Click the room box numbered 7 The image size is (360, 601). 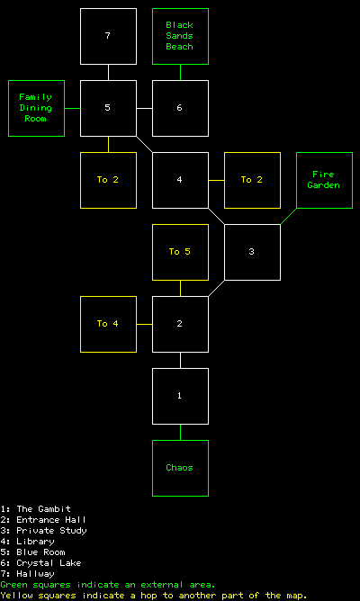pyautogui.click(x=108, y=36)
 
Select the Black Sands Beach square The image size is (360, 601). pyautogui.click(x=180, y=36)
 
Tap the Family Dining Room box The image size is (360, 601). pyautogui.click(x=36, y=109)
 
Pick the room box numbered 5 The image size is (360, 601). pyautogui.click(x=108, y=109)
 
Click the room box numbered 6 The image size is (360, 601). pyautogui.click(x=180, y=109)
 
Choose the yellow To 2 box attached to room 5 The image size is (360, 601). pyautogui.click(x=108, y=181)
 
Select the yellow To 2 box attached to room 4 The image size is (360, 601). pyautogui.click(x=252, y=181)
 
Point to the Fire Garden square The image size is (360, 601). pyautogui.click(x=324, y=181)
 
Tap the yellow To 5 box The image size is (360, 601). pyautogui.click(x=180, y=253)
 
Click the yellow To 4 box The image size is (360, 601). pyautogui.click(x=108, y=325)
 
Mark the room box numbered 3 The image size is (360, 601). pyautogui.click(x=252, y=253)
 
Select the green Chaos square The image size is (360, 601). pyautogui.click(x=180, y=469)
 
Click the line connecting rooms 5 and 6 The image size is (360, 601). pyautogui.click(x=145, y=109)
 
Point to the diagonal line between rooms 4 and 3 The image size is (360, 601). pyautogui.click(x=217, y=217)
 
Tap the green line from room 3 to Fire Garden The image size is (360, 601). pyautogui.click(x=288, y=217)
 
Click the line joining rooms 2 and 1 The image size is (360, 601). pyautogui.click(x=180, y=361)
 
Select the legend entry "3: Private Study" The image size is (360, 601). pyautogui.click(x=44, y=531)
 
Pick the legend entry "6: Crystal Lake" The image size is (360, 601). pyautogui.click(x=41, y=563)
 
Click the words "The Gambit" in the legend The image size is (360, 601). pyautogui.click(x=44, y=509)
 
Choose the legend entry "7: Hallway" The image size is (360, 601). pyautogui.click(x=28, y=574)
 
